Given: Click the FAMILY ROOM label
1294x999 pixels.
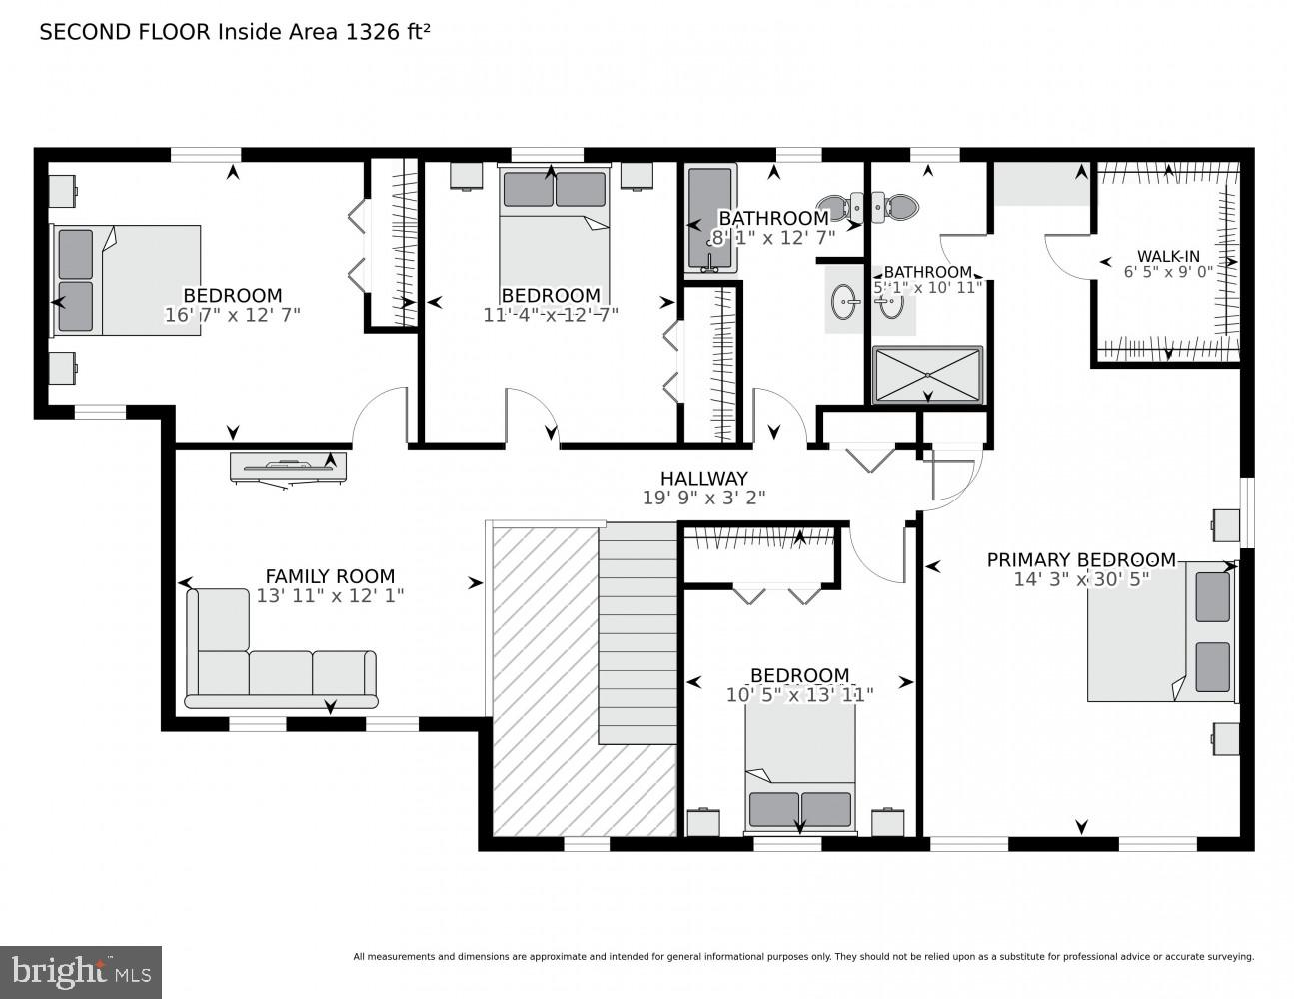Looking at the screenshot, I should (330, 576).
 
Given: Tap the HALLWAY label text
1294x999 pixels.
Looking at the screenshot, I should (703, 479).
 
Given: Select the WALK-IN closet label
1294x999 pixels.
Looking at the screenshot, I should (1168, 256).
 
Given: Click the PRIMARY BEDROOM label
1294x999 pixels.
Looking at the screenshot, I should (1081, 560).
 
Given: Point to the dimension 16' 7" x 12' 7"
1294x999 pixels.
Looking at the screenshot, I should (232, 315).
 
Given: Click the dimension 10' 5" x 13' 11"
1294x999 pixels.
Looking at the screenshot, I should (799, 695).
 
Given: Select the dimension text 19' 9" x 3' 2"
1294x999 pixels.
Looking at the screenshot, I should (703, 498).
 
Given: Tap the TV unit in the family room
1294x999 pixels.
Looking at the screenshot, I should (288, 467).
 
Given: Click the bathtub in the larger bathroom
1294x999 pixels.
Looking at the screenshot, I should (710, 218).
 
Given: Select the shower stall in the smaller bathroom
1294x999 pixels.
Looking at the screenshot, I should (927, 375).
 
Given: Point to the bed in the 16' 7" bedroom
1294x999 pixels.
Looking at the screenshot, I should (126, 280).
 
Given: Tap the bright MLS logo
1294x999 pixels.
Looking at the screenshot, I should (80, 971).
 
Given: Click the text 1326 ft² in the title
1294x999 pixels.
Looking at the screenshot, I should (388, 32).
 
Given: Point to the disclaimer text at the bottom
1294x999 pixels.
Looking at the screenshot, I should (802, 957).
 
